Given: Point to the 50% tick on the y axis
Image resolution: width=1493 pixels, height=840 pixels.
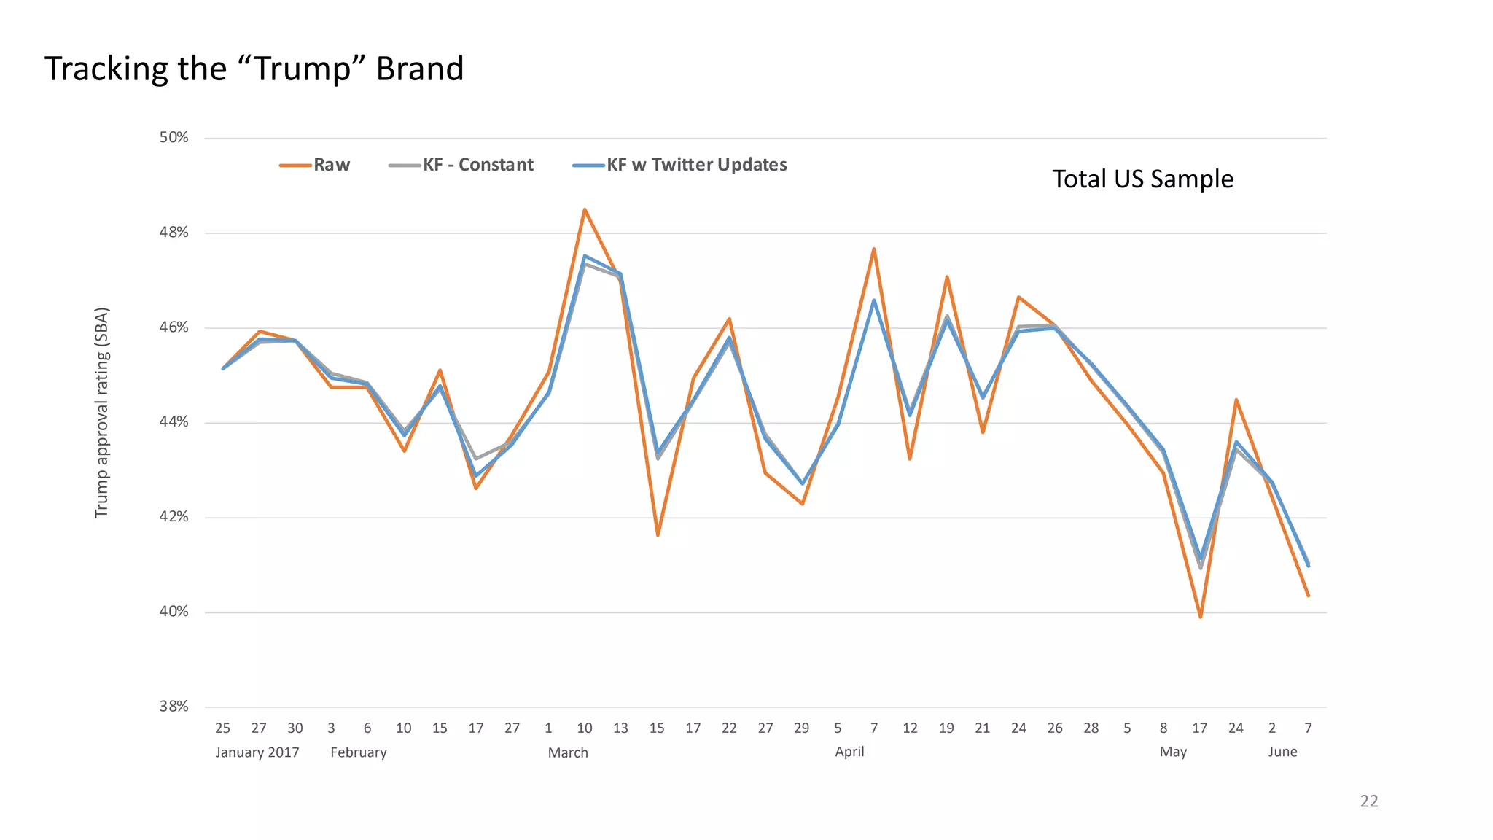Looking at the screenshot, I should point(174,138).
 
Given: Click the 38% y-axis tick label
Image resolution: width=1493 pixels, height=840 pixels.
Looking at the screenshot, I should point(174,707).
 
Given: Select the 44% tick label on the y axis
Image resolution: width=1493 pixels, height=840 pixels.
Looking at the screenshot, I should point(174,422).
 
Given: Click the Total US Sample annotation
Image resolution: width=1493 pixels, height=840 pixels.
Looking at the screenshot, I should point(1142,179).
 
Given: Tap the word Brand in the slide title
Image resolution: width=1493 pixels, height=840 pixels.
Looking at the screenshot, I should point(419,69).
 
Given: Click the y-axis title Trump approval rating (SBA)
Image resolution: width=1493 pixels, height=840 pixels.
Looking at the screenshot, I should point(102,413).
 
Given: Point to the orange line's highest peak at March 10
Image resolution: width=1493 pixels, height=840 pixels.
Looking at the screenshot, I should point(585,210).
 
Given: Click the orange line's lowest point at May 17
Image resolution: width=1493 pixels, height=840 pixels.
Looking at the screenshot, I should point(1200,617).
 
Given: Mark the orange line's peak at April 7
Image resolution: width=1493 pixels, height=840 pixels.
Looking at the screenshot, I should point(873,249).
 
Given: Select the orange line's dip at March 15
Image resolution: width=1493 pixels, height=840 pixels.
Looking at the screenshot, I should point(658,535).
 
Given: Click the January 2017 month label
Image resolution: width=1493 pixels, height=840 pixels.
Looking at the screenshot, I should point(257,752).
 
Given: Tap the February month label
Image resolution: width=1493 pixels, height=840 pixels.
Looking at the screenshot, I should point(358,752).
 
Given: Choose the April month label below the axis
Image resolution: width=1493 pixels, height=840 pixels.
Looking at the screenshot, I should point(849,752).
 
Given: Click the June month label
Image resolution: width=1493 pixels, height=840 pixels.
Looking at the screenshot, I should point(1282,752).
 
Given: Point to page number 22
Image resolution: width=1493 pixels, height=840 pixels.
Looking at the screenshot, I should point(1368,801).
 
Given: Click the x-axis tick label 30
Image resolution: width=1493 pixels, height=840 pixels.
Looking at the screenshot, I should point(295,728).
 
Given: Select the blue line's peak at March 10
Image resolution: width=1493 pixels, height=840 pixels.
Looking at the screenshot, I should point(585,256).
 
